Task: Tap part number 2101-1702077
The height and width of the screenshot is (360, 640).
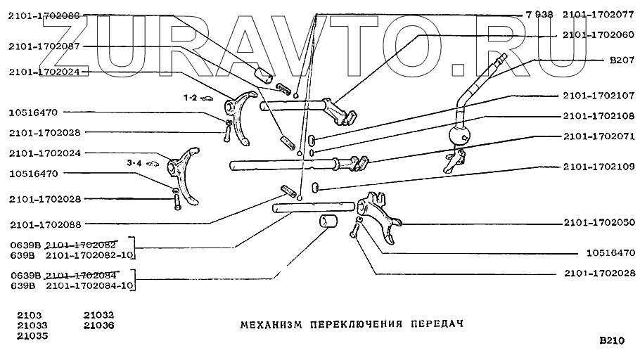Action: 599,13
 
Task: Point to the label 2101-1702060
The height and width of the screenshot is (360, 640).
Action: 599,33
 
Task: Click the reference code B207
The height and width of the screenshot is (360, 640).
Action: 622,60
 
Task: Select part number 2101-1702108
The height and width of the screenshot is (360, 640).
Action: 599,115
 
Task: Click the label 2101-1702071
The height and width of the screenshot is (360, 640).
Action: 599,136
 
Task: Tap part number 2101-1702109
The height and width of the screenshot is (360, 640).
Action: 599,167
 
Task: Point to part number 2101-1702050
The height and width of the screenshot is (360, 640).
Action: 599,222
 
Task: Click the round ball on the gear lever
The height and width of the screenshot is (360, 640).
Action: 459,135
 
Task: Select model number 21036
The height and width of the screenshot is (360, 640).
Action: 98,326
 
